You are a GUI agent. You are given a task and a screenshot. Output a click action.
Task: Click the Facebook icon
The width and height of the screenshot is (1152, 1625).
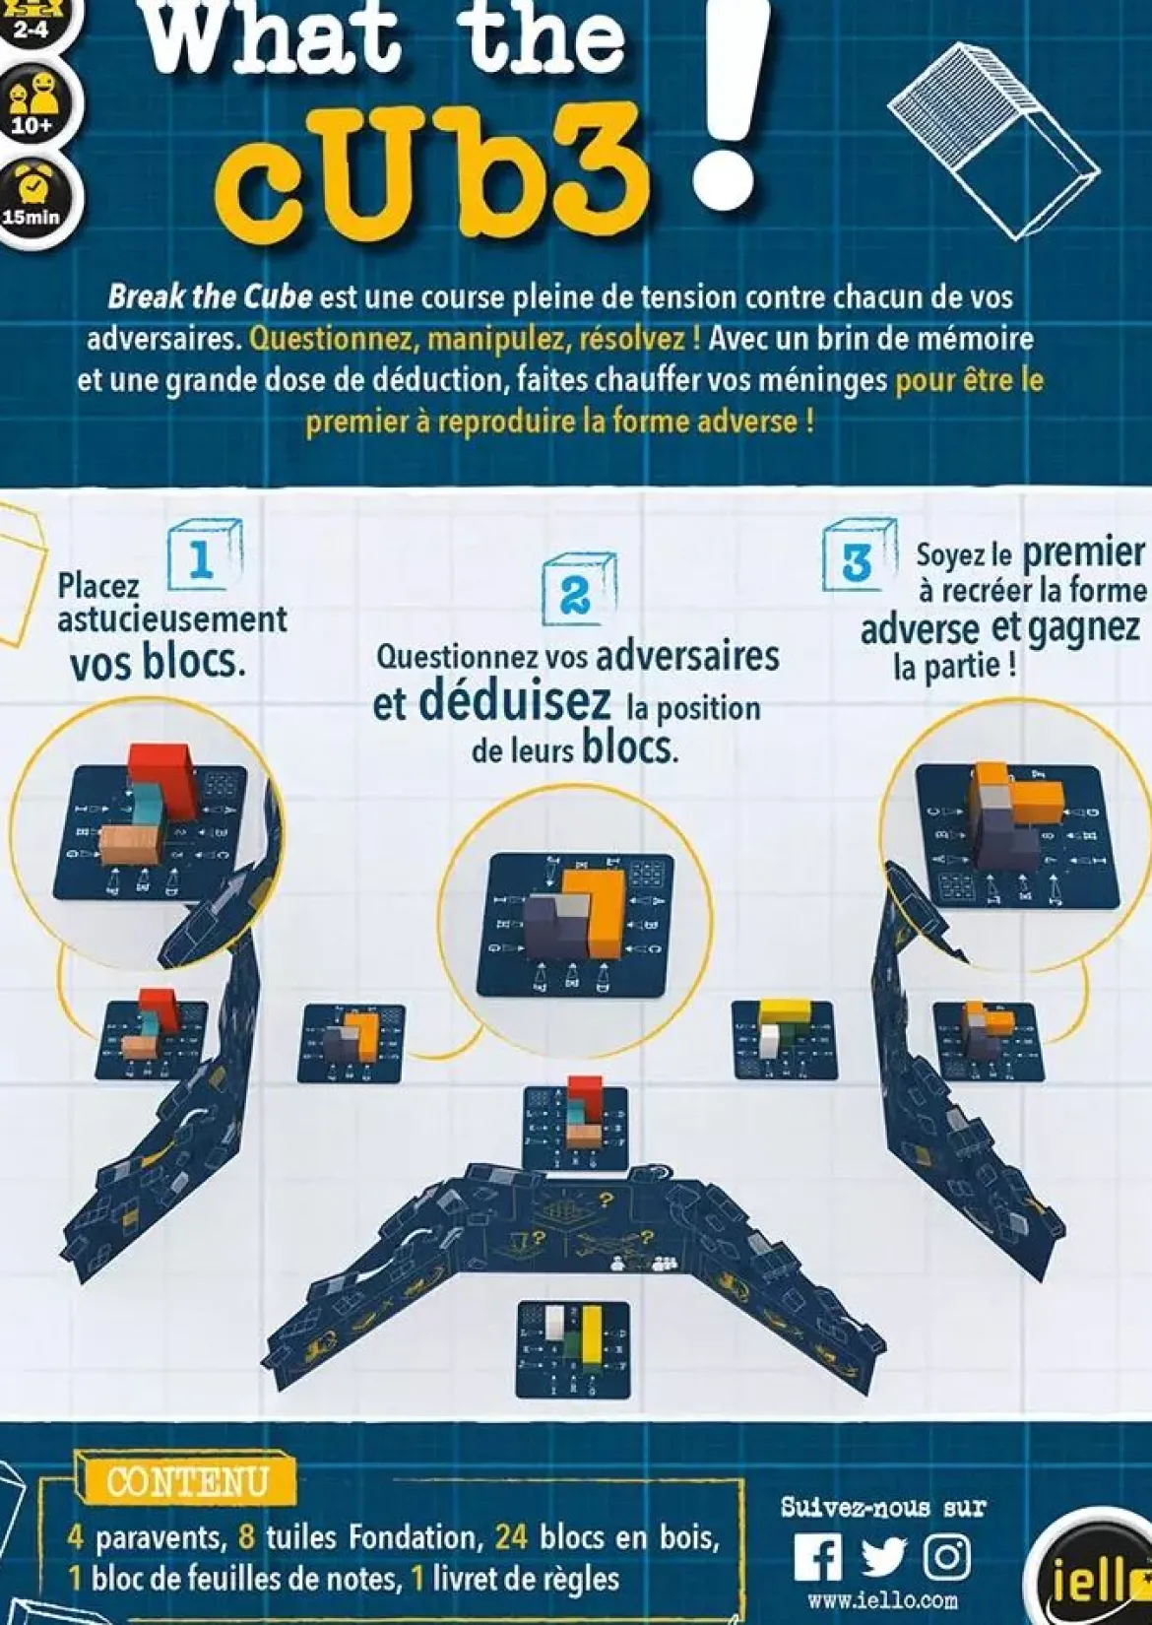(x=817, y=1557)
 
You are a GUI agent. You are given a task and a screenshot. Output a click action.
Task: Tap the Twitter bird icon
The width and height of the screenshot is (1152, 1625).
(x=883, y=1557)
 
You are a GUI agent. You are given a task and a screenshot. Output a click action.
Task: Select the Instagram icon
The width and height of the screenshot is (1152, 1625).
(x=946, y=1557)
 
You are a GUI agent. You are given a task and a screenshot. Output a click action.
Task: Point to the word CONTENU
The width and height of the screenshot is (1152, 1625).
(x=187, y=1482)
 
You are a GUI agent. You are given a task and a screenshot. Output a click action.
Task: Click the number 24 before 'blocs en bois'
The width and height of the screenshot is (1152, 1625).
(x=511, y=1538)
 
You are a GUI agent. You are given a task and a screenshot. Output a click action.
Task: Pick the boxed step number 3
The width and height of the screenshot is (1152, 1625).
(x=859, y=557)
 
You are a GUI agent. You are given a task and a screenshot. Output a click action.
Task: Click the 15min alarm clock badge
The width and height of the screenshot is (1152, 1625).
(x=32, y=197)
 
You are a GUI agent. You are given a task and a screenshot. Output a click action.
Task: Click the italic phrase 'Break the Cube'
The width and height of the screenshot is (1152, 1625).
(x=211, y=298)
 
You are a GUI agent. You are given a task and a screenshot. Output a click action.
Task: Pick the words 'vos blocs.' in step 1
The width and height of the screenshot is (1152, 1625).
(x=158, y=662)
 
